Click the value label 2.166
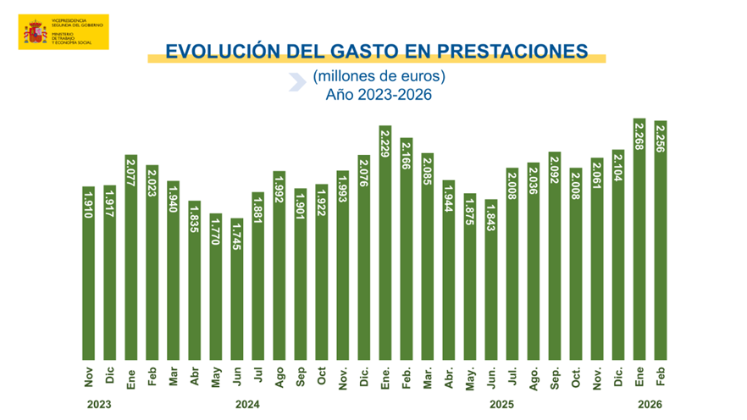(407, 155)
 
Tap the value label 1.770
(216, 229)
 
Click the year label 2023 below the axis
(98, 403)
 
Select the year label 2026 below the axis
(650, 403)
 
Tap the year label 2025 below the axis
(501, 403)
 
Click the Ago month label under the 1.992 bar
(279, 375)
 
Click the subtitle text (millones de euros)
(379, 76)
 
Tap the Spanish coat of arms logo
(35, 32)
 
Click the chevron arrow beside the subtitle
(296, 81)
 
